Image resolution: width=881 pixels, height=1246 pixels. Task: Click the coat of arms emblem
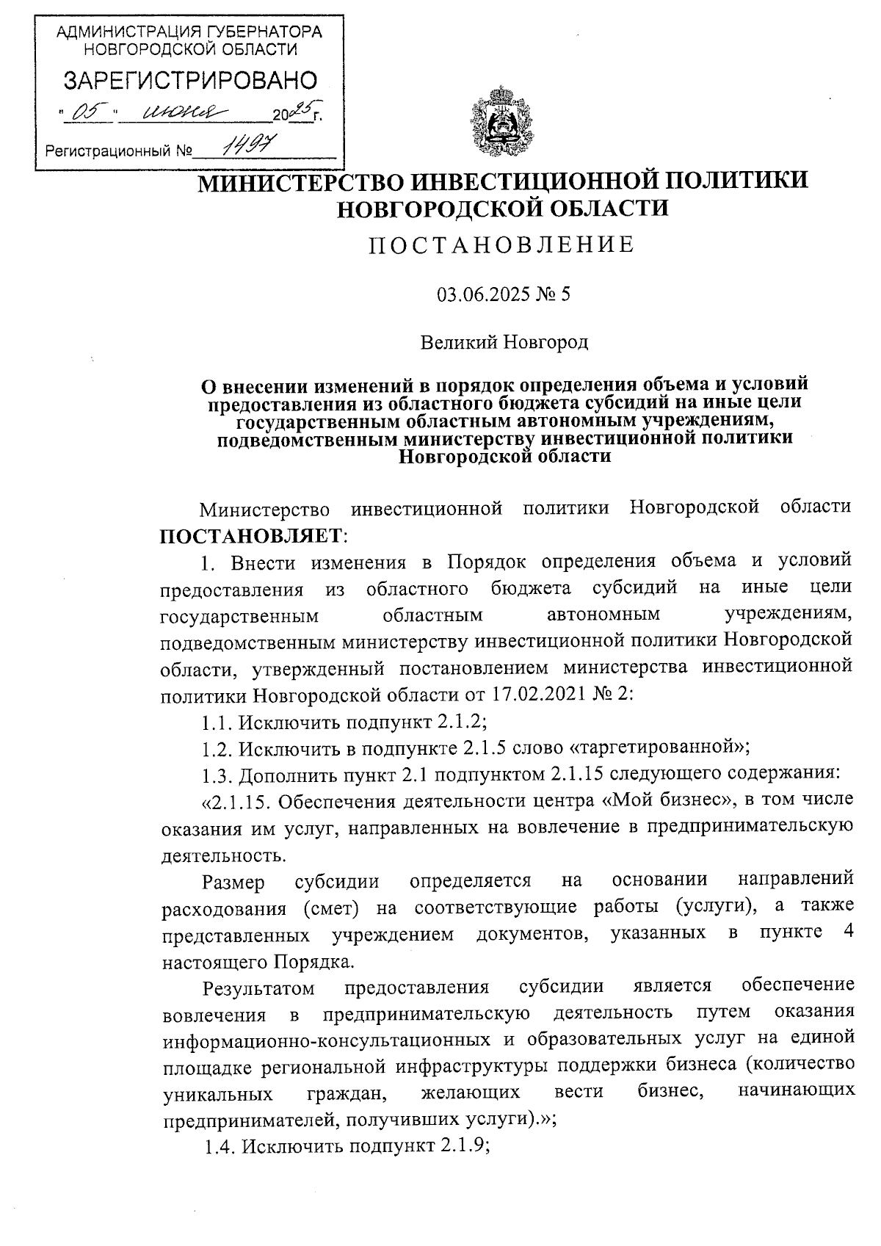pyautogui.click(x=504, y=122)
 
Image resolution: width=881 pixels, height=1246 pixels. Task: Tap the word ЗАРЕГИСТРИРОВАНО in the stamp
pyautogui.click(x=190, y=81)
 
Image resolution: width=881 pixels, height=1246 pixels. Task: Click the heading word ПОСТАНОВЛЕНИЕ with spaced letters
pyautogui.click(x=501, y=245)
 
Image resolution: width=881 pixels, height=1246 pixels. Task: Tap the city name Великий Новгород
pyautogui.click(x=504, y=342)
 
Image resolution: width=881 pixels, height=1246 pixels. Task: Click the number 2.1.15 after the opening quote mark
pyautogui.click(x=237, y=801)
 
